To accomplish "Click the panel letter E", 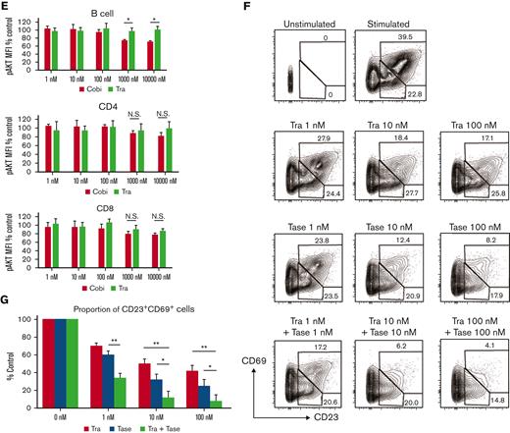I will pyautogui.click(x=6, y=6).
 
